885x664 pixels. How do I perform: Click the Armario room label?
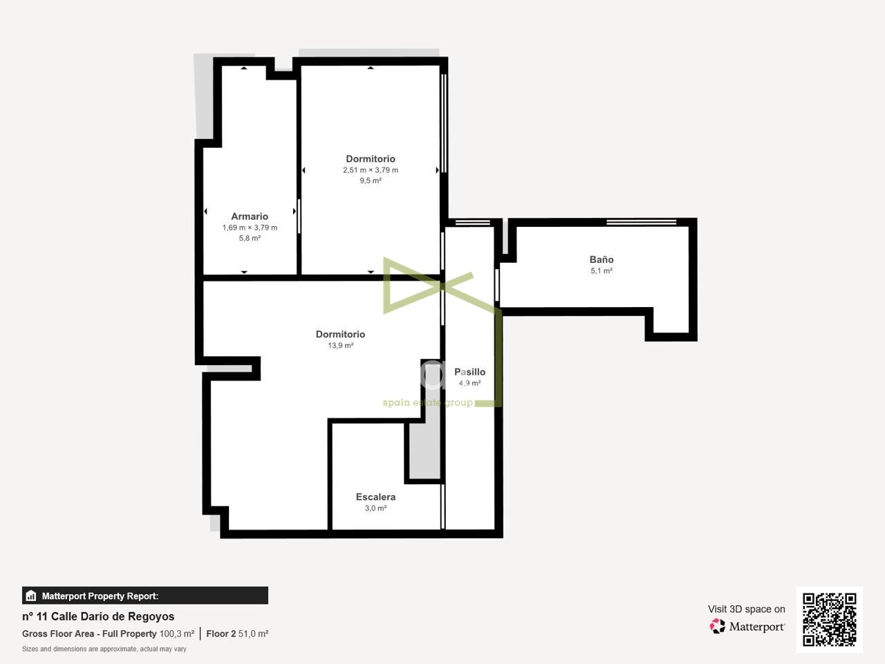pos(250,216)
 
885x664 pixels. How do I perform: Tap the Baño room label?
pos(602,259)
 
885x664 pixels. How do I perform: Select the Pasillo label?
pos(469,371)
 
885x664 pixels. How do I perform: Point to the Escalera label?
pos(375,497)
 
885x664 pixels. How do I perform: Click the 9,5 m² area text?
pos(371,181)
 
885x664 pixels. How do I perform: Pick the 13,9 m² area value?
pos(341,345)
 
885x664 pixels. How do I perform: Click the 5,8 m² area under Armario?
pos(250,238)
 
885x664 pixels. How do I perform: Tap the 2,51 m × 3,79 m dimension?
pos(371,170)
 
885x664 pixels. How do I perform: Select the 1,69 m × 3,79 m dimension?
pos(250,228)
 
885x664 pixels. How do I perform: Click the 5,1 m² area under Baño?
pos(602,271)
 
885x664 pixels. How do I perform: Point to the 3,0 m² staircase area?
pos(375,508)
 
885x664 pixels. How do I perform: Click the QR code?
pos(830,620)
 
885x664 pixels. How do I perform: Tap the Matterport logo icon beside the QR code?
pos(717,626)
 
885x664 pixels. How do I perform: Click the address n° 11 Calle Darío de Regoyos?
pos(98,616)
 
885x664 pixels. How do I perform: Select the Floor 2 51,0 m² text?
pos(237,634)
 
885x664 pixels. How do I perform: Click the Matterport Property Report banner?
pos(145,596)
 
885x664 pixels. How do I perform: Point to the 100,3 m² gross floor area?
pos(177,634)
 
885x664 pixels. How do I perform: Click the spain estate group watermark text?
pos(427,403)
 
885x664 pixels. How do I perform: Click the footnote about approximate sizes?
pos(104,649)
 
